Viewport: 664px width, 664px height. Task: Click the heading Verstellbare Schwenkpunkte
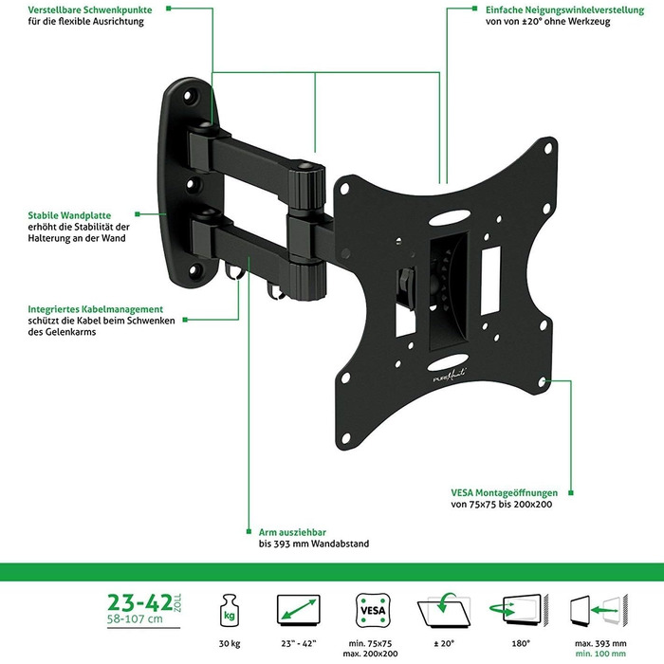click(90, 9)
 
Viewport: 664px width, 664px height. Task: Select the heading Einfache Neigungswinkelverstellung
click(565, 9)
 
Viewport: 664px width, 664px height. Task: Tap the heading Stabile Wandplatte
click(69, 215)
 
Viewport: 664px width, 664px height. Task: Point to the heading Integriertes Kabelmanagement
click(95, 309)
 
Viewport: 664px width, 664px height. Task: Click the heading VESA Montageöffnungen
click(504, 492)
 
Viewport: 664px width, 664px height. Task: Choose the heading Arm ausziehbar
click(292, 532)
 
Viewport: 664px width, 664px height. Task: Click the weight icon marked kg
click(230, 611)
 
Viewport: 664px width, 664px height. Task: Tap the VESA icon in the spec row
click(373, 610)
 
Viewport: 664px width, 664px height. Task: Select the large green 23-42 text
click(139, 602)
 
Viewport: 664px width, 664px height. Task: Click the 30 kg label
click(230, 644)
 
